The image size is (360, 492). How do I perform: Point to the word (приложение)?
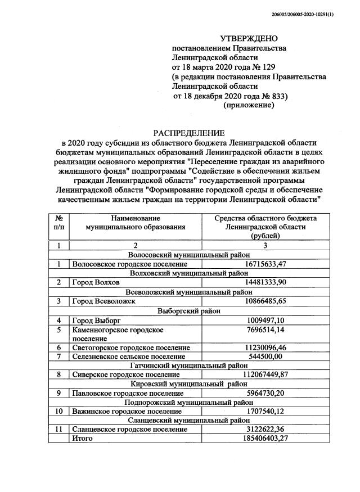[249, 105]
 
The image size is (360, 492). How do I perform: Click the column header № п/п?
[58, 223]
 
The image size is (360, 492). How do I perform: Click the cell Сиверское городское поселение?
[124, 374]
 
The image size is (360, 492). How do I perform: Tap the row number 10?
[58, 412]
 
